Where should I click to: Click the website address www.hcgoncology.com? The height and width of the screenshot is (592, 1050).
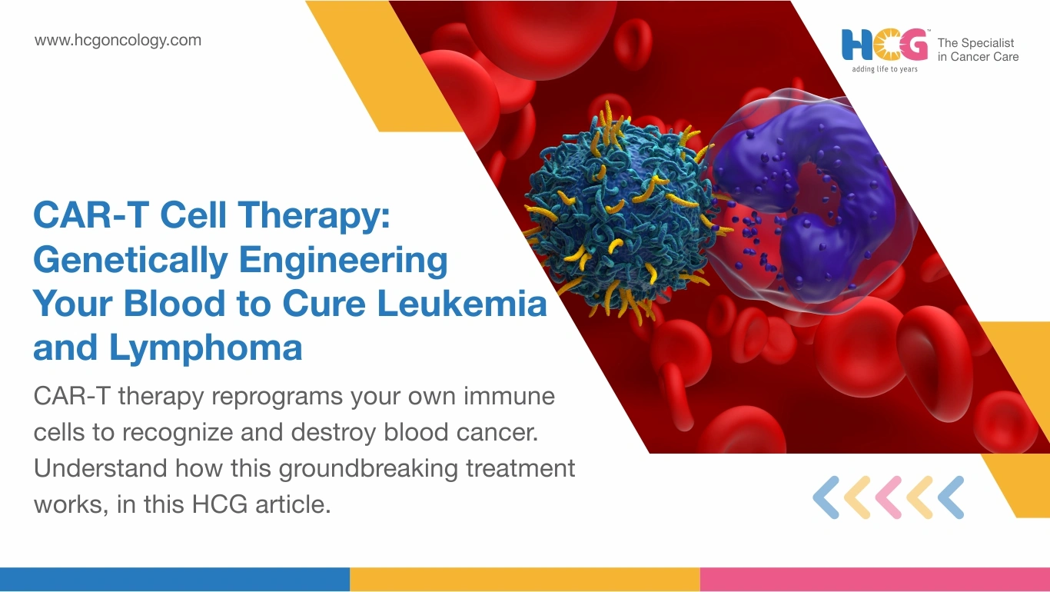point(118,41)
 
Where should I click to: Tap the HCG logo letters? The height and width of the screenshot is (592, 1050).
point(885,45)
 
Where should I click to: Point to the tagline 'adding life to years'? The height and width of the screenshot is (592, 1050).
point(885,69)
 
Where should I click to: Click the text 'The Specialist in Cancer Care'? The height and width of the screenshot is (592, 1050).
point(978,50)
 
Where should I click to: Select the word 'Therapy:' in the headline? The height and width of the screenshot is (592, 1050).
point(314,216)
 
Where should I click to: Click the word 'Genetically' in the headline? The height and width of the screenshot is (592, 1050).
point(131,261)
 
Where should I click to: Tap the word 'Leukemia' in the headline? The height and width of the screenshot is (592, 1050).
point(462,303)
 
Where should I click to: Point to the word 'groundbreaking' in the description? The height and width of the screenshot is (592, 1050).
point(368,469)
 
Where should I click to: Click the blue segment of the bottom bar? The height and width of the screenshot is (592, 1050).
point(174,580)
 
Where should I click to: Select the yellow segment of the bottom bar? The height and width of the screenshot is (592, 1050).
point(525,580)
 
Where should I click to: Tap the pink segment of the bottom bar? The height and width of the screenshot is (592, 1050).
point(876,580)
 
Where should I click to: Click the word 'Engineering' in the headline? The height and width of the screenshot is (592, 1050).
point(344,261)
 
